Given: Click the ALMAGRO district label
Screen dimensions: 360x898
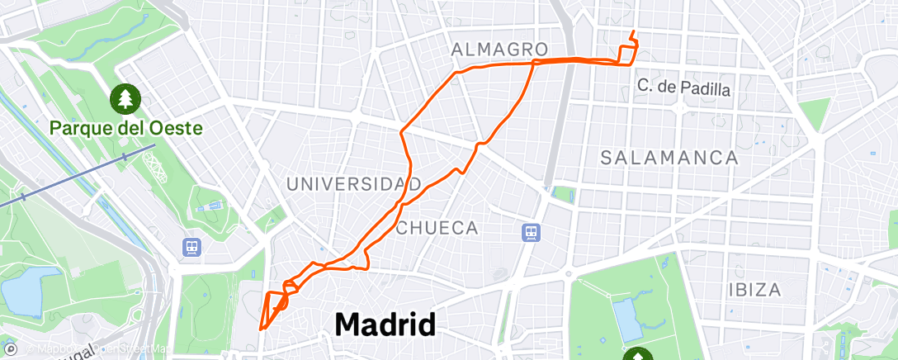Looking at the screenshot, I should coord(500,50).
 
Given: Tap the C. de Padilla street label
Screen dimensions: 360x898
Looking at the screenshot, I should coord(684,88).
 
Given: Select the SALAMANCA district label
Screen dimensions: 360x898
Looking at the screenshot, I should coord(669,158).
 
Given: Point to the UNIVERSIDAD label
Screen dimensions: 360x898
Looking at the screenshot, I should coord(354,183).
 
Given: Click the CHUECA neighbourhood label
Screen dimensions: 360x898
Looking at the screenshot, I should coord(437,228).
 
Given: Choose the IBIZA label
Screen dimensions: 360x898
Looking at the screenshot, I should coord(754,290).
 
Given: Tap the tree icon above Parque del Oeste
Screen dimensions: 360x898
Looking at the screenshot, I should coord(125,99).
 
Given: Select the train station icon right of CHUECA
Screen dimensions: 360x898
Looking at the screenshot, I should coord(532,233).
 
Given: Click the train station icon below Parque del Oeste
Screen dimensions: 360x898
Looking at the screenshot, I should coord(191,246).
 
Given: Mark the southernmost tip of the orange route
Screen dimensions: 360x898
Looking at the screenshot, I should coord(262,329).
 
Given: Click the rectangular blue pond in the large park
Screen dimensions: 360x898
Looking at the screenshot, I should coord(626,320).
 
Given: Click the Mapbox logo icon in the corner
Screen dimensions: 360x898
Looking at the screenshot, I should coord(11,350).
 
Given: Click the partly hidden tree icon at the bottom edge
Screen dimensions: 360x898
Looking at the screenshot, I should coord(638,355).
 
